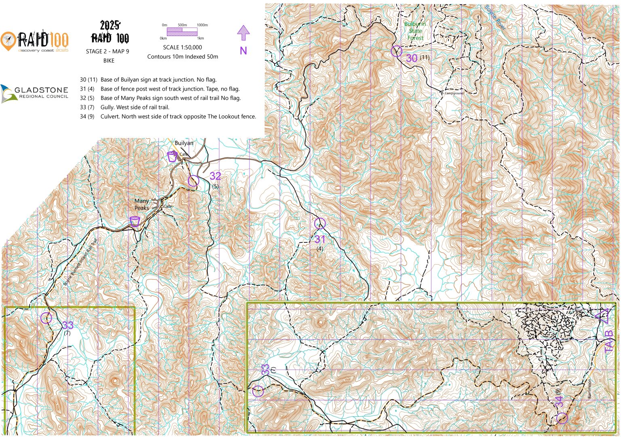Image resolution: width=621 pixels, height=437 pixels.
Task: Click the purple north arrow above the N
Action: (243, 33)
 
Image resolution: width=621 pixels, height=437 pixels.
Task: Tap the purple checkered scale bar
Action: (182, 32)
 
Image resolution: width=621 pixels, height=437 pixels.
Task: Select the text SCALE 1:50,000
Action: (182, 47)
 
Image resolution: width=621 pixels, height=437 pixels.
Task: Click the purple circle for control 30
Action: (397, 51)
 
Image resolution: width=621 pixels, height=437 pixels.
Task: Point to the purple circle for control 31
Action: (320, 223)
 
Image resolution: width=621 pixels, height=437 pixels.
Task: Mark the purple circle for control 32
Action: (194, 181)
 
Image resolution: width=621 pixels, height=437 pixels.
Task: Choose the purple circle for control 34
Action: (562, 418)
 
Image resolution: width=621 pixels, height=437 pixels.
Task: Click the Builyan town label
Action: (184, 143)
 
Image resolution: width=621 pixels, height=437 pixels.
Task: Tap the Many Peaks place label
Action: (142, 204)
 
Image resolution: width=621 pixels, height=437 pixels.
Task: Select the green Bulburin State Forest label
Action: (415, 31)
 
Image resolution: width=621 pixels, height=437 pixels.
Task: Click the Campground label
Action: (454, 93)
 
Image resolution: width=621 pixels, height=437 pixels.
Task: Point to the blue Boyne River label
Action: (495, 17)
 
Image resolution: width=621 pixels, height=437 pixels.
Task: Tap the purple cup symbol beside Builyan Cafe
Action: (172, 157)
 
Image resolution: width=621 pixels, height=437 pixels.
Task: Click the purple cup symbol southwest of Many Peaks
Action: (135, 221)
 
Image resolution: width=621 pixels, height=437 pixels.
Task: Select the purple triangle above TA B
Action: (604, 316)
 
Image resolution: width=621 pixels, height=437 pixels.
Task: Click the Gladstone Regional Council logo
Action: (34, 93)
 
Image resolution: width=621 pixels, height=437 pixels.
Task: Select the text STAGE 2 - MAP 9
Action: (108, 51)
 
